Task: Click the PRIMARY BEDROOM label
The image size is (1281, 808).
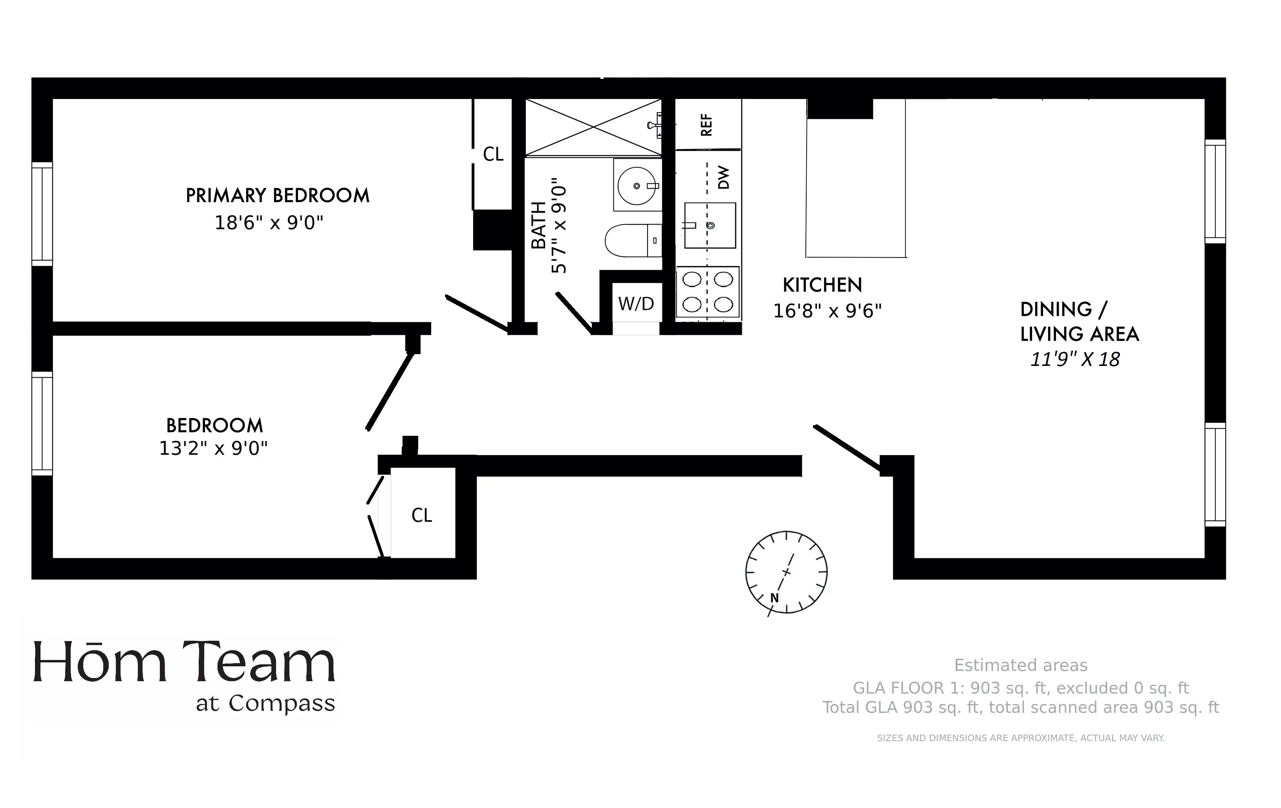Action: [x=277, y=196]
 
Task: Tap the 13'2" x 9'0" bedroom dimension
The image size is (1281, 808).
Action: [x=213, y=449]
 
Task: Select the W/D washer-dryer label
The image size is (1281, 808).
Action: [x=636, y=304]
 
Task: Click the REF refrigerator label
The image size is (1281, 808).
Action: [x=706, y=125]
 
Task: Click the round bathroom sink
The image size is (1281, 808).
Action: [x=637, y=186]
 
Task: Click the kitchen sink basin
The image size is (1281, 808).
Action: [x=710, y=225]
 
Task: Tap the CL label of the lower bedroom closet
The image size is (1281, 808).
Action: [x=422, y=516]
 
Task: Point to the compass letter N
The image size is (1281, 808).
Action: [x=774, y=598]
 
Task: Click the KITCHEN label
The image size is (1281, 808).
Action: [x=822, y=286]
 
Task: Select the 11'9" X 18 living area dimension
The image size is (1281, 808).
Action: [x=1075, y=360]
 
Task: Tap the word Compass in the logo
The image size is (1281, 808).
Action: [x=282, y=704]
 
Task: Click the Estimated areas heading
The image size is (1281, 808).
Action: [x=1020, y=665]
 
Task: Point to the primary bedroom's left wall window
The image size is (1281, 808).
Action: [x=42, y=214]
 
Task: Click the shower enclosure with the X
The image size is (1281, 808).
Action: [x=593, y=128]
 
